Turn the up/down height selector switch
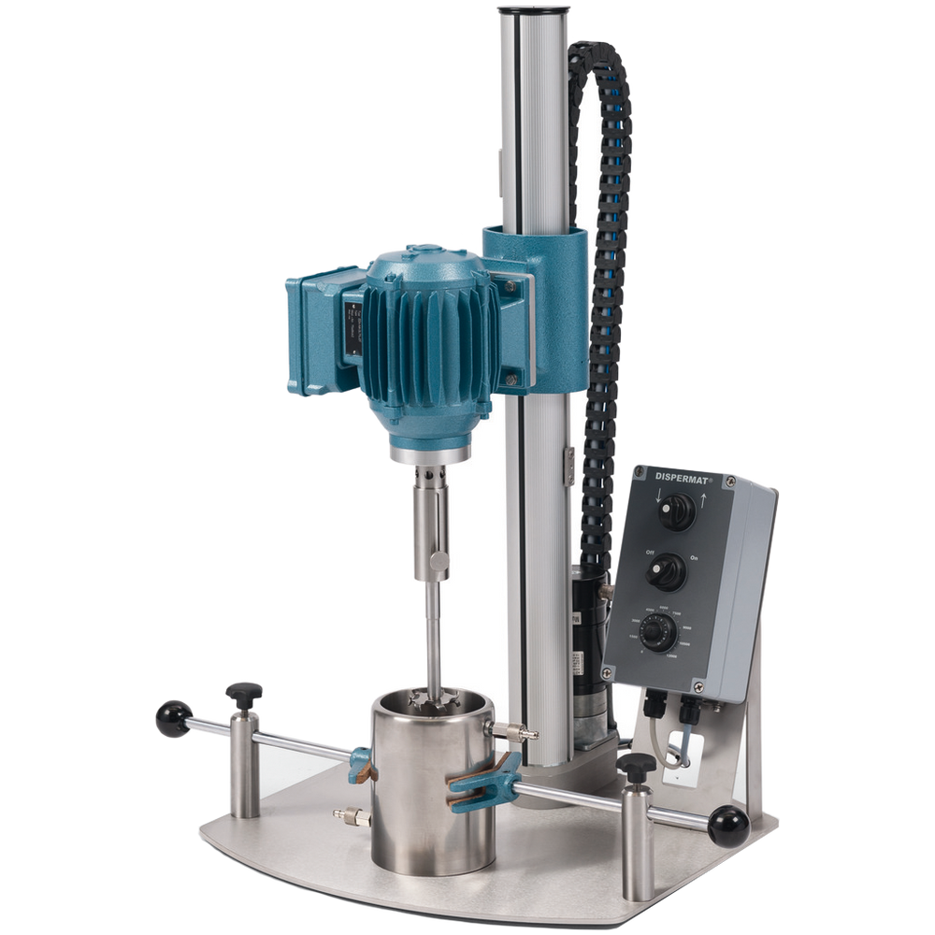click(x=677, y=511)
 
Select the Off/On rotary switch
click(x=667, y=571)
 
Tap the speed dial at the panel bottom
click(x=658, y=637)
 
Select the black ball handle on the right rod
click(x=727, y=825)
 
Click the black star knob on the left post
click(x=244, y=694)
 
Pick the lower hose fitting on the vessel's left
click(x=352, y=816)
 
